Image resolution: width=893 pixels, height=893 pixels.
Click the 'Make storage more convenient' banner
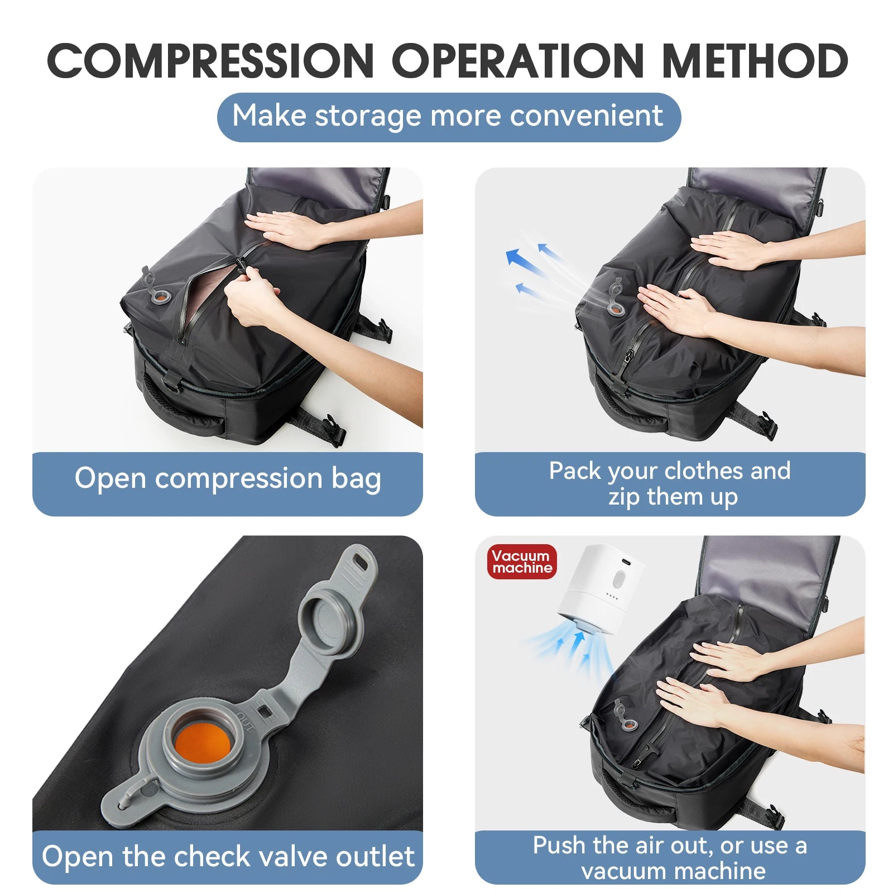pyautogui.click(x=448, y=117)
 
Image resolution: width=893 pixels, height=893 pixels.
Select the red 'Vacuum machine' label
pyautogui.click(x=521, y=561)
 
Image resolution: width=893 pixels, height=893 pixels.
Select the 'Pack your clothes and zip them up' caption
pyautogui.click(x=670, y=483)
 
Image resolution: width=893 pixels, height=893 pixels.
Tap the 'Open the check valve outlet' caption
pyautogui.click(x=228, y=857)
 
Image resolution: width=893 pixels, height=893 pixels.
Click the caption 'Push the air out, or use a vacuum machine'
pyautogui.click(x=670, y=858)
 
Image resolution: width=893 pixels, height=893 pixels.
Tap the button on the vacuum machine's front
pyautogui.click(x=617, y=579)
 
